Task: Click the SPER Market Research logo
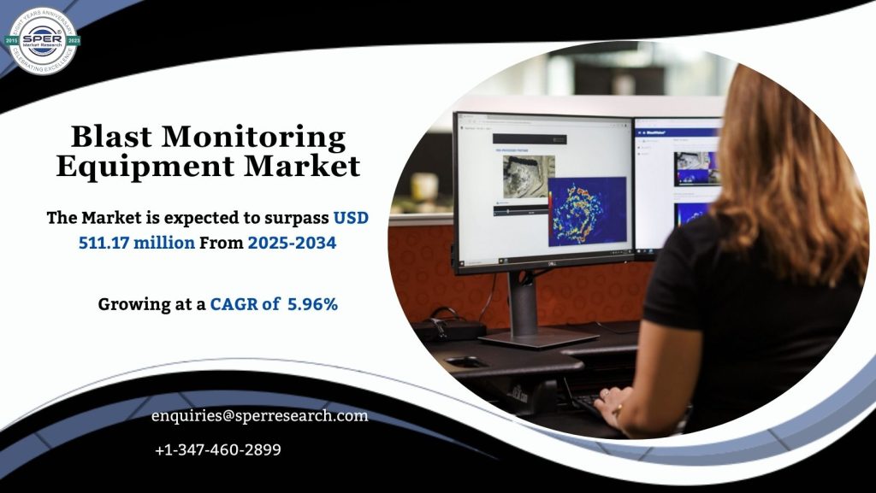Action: coord(43,40)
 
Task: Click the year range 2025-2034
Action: coord(292,243)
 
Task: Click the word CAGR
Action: coord(234,303)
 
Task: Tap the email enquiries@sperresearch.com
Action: coord(259,416)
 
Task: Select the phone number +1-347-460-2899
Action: coord(218,449)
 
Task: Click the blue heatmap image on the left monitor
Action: coord(586,210)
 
